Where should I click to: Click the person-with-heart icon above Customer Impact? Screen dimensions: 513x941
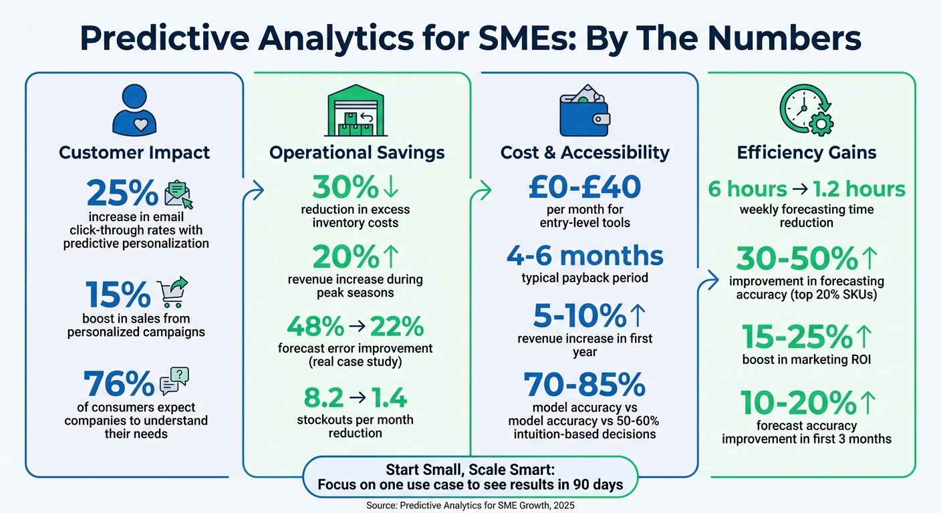click(134, 108)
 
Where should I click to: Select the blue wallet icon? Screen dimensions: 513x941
click(583, 113)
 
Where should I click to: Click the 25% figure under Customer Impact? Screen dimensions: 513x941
click(121, 193)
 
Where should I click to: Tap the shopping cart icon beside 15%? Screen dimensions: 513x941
click(172, 292)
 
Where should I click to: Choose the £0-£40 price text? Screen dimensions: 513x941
click(585, 188)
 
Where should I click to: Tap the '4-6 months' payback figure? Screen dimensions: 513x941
click(585, 256)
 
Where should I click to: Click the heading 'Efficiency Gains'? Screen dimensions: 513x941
click(806, 153)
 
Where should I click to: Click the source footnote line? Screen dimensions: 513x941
click(470, 506)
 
